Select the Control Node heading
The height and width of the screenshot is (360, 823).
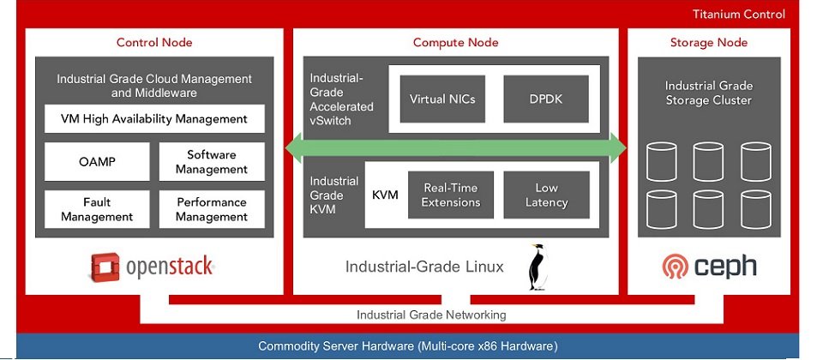click(154, 42)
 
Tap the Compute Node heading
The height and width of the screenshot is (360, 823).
click(455, 42)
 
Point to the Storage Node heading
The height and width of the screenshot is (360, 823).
click(708, 42)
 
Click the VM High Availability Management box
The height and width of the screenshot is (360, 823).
click(154, 118)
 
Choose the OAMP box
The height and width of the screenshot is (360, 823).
click(97, 162)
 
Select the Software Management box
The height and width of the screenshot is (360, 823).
click(212, 162)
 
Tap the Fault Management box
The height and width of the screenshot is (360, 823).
click(97, 210)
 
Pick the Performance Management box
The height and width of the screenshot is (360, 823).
click(212, 210)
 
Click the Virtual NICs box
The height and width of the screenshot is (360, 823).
click(442, 99)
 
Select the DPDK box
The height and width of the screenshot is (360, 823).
click(546, 99)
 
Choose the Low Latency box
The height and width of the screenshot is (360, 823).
click(546, 195)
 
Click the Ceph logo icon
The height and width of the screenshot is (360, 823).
click(674, 267)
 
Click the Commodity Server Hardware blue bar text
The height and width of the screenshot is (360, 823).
click(408, 346)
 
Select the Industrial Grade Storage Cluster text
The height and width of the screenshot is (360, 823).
click(708, 93)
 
